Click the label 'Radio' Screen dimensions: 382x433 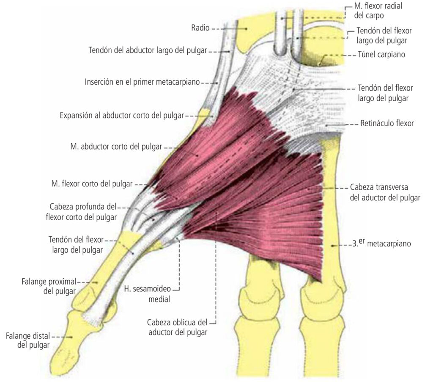click(200, 28)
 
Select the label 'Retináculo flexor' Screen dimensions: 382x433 click(387, 124)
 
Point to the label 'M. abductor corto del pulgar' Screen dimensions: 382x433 click(116, 147)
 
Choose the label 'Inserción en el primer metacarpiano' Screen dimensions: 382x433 click(142, 82)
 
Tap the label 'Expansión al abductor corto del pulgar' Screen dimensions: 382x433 click(122, 115)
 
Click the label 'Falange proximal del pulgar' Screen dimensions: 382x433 click(48, 286)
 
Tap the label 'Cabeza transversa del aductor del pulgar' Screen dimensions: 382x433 click(385, 192)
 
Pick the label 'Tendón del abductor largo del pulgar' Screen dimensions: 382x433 click(148, 50)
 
